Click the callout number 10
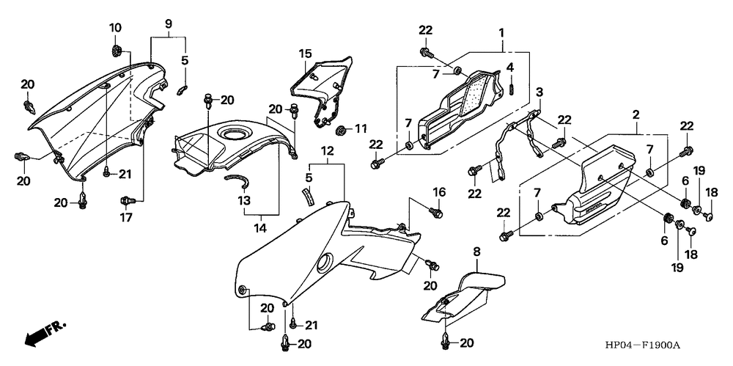point(116,28)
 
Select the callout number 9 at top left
point(168,23)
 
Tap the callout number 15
point(305,54)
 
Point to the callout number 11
point(361,130)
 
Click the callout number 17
point(126,217)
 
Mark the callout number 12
point(327,150)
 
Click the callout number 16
point(438,192)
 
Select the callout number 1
point(501,33)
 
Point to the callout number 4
point(510,67)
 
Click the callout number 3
point(539,92)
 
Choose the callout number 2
point(636,115)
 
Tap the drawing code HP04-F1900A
point(644,345)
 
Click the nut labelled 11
point(341,131)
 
